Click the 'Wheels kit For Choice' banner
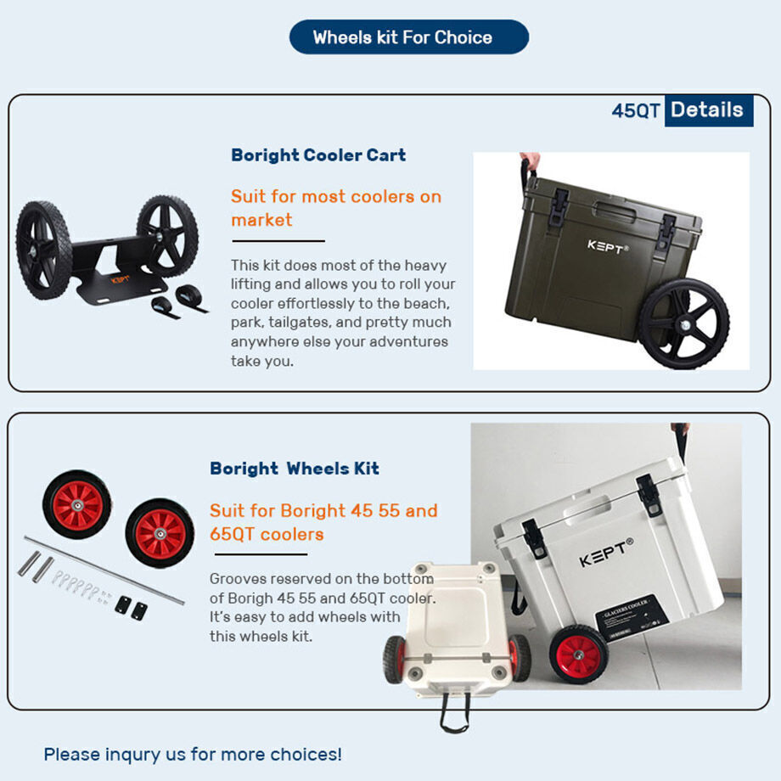point(409,37)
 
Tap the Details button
point(709,110)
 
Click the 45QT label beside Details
point(636,110)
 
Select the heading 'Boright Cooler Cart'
point(318,155)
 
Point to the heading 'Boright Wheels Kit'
point(295,469)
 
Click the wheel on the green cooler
point(684,323)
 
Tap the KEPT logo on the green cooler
point(608,246)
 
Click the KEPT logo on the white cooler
point(606,553)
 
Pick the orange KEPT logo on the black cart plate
point(120,280)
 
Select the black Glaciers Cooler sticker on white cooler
point(632,616)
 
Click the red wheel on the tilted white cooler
point(579,654)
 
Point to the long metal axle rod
point(104,570)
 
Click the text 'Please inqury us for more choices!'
point(193,754)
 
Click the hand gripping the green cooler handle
point(530,160)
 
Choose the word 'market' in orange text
point(261,220)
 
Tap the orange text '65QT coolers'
point(267,535)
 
